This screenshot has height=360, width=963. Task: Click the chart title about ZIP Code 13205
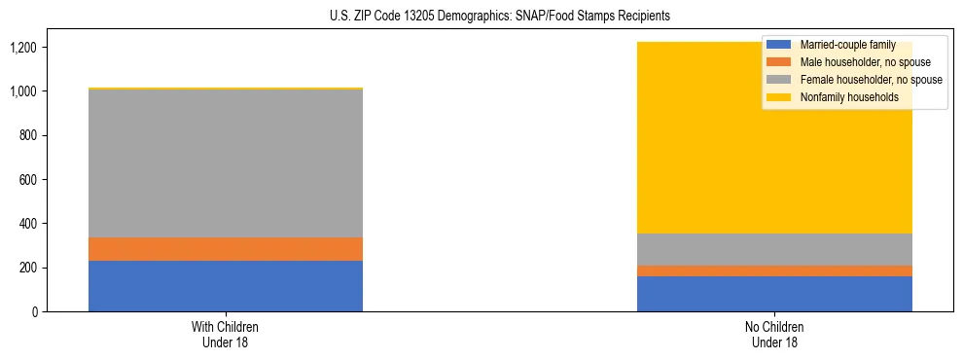481,17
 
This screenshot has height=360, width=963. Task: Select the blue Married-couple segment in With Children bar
226,286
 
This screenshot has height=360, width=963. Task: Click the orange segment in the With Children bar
226,249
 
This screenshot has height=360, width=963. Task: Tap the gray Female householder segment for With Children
226,163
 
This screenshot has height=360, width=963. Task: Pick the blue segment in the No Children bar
774,294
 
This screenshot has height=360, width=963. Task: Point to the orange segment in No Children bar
774,270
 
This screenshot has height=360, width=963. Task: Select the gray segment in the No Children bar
774,249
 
